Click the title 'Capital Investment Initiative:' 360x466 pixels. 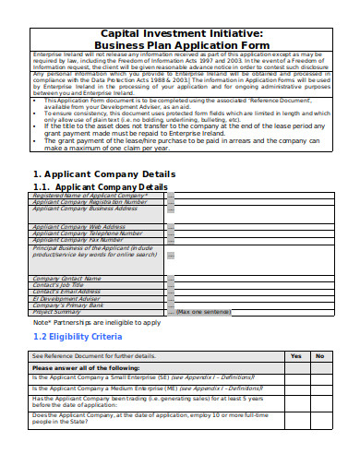[181, 31]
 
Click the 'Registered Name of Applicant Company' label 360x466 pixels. [90, 196]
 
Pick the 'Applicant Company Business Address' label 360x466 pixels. [85, 209]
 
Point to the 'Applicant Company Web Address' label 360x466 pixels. [78, 226]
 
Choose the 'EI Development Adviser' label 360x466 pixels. [68, 298]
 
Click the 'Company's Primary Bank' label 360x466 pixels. [67, 305]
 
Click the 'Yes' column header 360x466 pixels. [295, 355]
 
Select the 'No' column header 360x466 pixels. [319, 355]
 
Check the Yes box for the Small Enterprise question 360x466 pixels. [295, 377]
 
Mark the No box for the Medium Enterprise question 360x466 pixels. [319, 388]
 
